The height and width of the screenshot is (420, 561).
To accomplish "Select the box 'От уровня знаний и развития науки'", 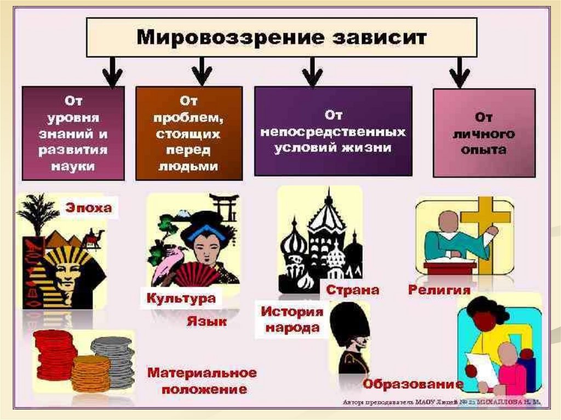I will (73, 133).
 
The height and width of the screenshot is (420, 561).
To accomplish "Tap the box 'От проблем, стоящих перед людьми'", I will (188, 133).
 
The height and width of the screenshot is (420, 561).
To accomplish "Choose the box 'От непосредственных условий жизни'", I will (333, 131).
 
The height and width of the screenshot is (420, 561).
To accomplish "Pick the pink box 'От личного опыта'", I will (484, 133).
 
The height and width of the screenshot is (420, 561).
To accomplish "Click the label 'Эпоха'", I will (89, 208).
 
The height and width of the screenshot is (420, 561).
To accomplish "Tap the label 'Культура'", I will (180, 299).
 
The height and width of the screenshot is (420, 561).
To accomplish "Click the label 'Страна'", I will (353, 289).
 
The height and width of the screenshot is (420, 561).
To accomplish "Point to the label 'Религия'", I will (439, 289).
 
